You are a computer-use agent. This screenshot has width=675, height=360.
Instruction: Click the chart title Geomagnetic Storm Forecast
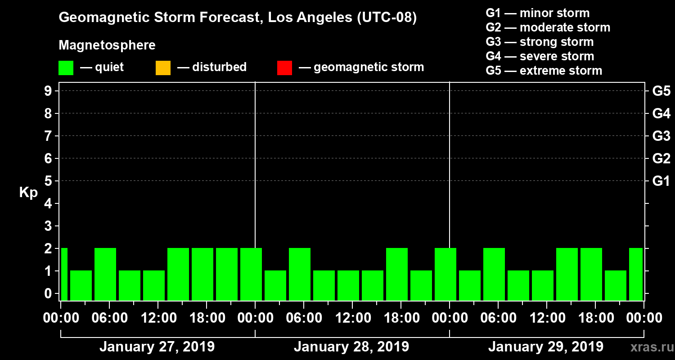tap(238, 18)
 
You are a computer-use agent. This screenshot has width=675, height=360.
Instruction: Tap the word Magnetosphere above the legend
tap(107, 45)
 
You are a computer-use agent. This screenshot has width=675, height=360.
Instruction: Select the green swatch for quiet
tap(66, 67)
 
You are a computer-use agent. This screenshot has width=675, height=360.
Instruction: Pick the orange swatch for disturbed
tap(163, 67)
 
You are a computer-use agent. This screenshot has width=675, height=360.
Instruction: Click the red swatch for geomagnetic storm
tap(284, 67)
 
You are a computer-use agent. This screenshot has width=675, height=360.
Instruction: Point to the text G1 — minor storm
tap(538, 13)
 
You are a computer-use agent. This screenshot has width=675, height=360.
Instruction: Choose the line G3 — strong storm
tap(540, 42)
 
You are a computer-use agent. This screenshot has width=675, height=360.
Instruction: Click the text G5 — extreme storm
tap(544, 71)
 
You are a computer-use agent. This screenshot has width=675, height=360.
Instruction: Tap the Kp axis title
tap(28, 193)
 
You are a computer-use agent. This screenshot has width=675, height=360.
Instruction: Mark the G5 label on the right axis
tap(661, 91)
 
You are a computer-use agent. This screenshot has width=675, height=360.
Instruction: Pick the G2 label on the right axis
tap(661, 158)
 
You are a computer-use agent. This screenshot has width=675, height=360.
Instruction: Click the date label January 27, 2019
tap(157, 347)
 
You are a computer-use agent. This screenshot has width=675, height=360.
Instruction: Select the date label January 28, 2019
tap(351, 347)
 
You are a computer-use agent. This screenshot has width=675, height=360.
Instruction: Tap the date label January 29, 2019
tap(546, 347)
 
